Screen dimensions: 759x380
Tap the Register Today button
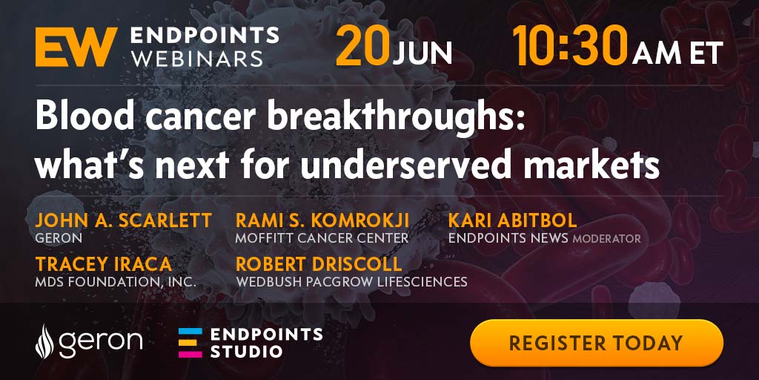pyautogui.click(x=597, y=343)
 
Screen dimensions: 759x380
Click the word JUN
pyautogui.click(x=422, y=53)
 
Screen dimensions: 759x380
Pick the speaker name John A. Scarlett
pyautogui.click(x=124, y=220)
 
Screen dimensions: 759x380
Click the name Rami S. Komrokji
pyautogui.click(x=322, y=220)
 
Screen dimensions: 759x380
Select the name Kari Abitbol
pyautogui.click(x=513, y=220)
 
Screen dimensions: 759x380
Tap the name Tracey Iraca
pyautogui.click(x=104, y=264)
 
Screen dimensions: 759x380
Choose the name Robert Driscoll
pyautogui.click(x=319, y=264)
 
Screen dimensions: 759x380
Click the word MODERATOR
pyautogui.click(x=606, y=238)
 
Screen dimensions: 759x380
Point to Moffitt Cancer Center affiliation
pyautogui.click(x=322, y=238)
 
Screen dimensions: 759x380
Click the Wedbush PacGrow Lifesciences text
pyautogui.click(x=351, y=281)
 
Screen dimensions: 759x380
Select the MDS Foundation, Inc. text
pyautogui.click(x=116, y=281)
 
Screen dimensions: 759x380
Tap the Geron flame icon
pyautogui.click(x=44, y=341)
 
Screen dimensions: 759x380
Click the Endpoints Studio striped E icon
pyautogui.click(x=190, y=343)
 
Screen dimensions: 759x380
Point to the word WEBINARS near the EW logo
pyautogui.click(x=197, y=59)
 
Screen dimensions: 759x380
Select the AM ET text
pyautogui.click(x=677, y=53)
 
